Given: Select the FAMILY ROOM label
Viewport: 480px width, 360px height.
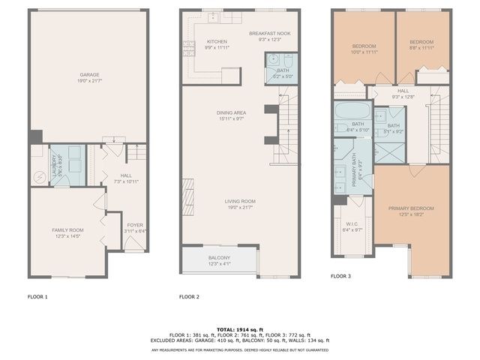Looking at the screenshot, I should pos(67,230).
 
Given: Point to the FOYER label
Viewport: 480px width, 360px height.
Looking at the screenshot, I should pos(134,225).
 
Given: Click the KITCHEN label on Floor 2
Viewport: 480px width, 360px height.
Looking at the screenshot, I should pos(217,41).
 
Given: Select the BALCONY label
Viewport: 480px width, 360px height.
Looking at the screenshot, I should pos(220,258).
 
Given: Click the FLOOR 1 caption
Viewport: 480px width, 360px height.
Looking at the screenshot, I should pos(37,297).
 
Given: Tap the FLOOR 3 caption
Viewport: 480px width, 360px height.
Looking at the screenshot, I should pos(341,276).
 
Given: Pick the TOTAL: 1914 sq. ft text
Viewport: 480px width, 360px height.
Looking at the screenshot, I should pos(239,330).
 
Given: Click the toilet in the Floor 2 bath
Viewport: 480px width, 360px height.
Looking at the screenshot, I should pos(275,61).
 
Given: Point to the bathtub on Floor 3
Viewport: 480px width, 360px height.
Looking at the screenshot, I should pos(349,113).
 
